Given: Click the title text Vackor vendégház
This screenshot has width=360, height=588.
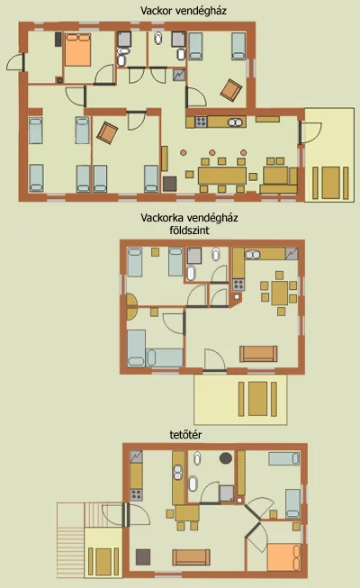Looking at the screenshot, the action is pyautogui.click(x=184, y=11).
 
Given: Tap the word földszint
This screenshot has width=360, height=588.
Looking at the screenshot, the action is pyautogui.click(x=189, y=231).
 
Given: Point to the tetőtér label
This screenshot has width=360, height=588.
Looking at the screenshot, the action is pyautogui.click(x=185, y=435).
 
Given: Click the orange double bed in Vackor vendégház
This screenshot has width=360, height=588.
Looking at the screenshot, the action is pyautogui.click(x=78, y=50).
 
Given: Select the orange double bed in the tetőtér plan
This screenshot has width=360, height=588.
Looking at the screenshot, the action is pyautogui.click(x=283, y=557).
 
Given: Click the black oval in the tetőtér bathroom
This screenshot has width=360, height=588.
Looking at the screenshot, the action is pyautogui.click(x=226, y=457).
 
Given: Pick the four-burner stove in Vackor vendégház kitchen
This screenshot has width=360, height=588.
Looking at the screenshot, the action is pyautogui.click(x=201, y=122).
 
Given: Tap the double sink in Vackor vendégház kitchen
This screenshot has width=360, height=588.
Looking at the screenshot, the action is pyautogui.click(x=236, y=122).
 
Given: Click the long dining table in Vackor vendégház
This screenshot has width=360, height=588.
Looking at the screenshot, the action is pyautogui.click(x=222, y=176).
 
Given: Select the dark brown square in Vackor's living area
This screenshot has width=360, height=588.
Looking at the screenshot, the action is pyautogui.click(x=169, y=184).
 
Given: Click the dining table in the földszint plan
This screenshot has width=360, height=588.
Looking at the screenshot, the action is pyautogui.click(x=279, y=294).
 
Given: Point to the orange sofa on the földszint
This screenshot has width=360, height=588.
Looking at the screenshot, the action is pyautogui.click(x=258, y=354).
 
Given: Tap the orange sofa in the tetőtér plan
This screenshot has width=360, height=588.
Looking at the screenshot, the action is pyautogui.click(x=191, y=557).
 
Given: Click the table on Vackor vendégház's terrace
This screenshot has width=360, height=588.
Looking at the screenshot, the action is pyautogui.click(x=330, y=183).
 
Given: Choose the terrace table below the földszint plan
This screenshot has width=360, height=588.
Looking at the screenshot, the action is pyautogui.click(x=257, y=399).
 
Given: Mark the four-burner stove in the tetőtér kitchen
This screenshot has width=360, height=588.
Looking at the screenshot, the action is pyautogui.click(x=136, y=494).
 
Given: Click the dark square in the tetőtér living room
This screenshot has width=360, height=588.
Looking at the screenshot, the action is pyautogui.click(x=143, y=556).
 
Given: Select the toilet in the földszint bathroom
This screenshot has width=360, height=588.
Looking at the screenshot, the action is pyautogui.click(x=216, y=254).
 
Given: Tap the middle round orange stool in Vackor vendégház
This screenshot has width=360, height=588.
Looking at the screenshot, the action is pyautogui.click(x=212, y=152).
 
